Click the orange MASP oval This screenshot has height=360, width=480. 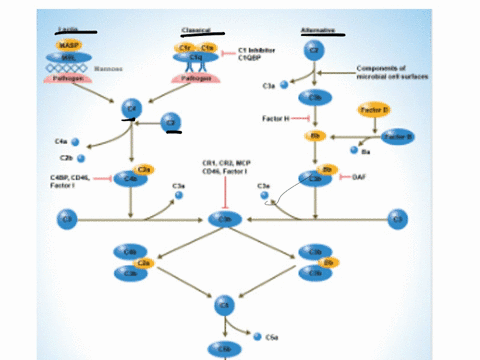point(68,45)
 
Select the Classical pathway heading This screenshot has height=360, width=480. point(195,30)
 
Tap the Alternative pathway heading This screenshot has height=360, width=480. point(317,30)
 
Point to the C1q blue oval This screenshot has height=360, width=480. point(197,58)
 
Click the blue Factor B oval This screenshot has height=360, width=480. point(398,135)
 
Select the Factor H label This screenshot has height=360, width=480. point(275,119)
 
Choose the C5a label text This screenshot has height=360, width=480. point(271,339)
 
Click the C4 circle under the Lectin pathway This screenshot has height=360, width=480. point(131,106)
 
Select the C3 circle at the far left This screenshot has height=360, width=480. point(68,216)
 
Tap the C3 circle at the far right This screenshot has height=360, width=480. point(397,216)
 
